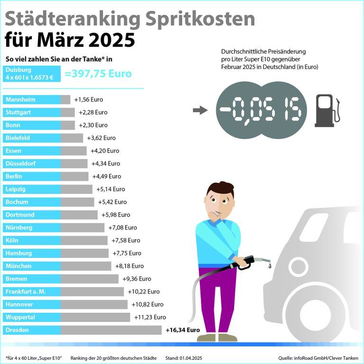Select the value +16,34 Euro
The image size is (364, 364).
[x=183, y=330]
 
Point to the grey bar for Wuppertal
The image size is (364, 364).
[x=95, y=317]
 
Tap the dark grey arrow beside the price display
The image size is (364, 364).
[x=200, y=111]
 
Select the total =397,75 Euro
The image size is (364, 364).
[x=98, y=74]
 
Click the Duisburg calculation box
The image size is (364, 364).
[x=32, y=74]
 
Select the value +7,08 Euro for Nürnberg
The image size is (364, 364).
[x=123, y=227]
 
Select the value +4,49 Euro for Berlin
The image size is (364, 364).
[x=107, y=176]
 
